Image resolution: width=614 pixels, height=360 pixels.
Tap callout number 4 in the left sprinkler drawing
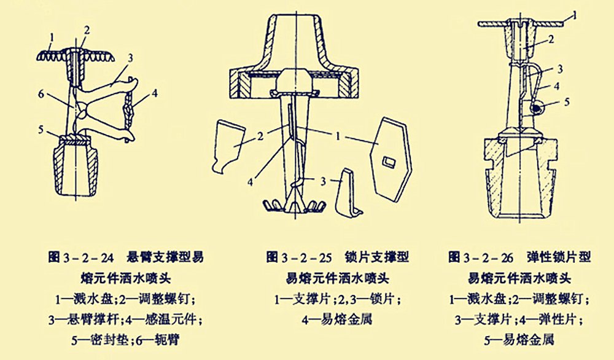pos(155,94)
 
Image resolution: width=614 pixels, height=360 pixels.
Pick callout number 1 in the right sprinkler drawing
pos(573,12)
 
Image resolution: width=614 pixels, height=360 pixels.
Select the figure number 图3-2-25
pos(297,256)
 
